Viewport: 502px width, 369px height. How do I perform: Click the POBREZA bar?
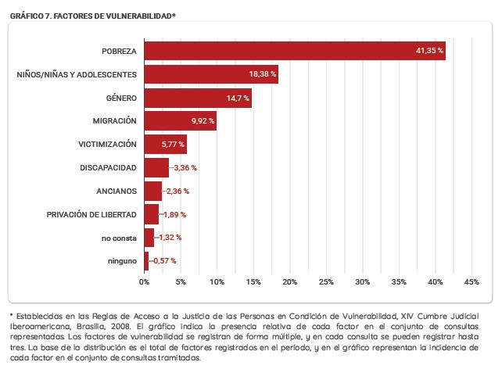tap(294, 51)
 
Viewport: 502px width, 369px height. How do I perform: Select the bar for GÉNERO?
tap(198, 98)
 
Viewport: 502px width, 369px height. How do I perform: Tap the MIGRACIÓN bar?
tap(180, 121)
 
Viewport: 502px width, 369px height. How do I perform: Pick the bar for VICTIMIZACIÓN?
tap(165, 145)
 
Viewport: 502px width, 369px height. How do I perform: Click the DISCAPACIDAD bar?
tap(156, 167)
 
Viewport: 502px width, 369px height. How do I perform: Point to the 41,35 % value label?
tap(429, 51)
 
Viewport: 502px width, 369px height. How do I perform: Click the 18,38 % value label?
tap(263, 74)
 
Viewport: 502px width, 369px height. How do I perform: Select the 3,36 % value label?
tap(185, 167)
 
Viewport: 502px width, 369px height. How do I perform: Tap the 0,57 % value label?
tap(164, 260)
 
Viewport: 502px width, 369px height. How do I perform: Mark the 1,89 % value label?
tap(174, 214)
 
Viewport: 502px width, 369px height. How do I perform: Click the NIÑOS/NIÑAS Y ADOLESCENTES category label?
tap(77, 74)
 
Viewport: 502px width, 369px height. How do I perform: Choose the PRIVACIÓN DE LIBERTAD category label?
tap(91, 214)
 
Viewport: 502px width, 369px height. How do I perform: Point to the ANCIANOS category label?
tap(117, 191)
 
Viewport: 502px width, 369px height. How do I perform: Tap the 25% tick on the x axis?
tap(326, 281)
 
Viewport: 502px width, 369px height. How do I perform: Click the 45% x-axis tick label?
tap(472, 281)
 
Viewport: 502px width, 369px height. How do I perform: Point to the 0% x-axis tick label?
tap(144, 281)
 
